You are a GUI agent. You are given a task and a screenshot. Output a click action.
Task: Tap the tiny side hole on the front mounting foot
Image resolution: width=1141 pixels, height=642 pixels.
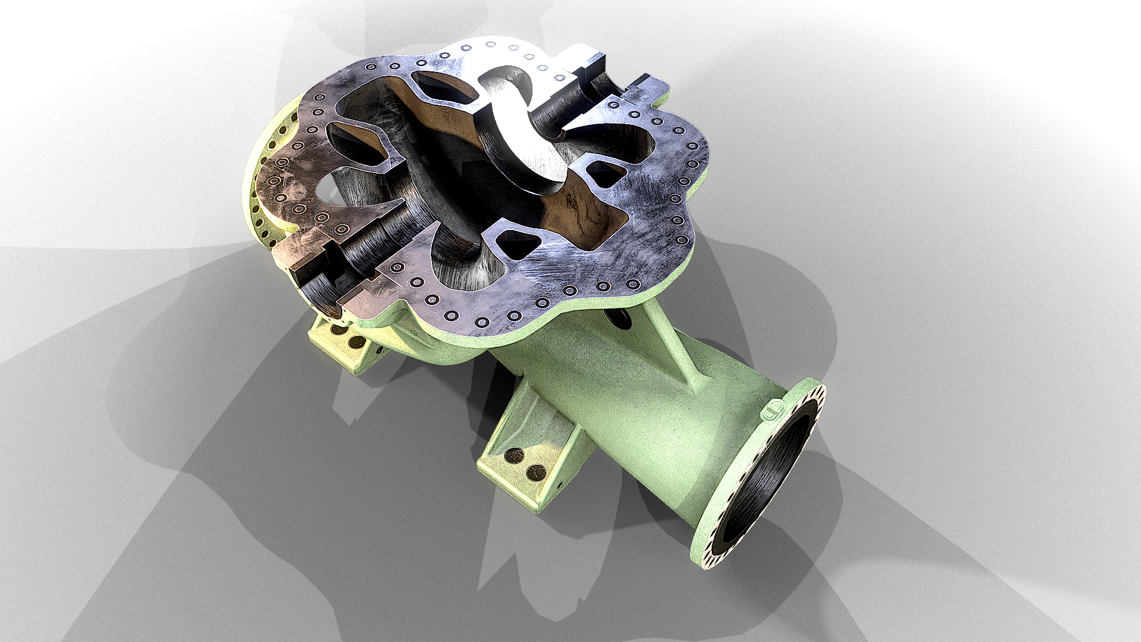561,483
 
